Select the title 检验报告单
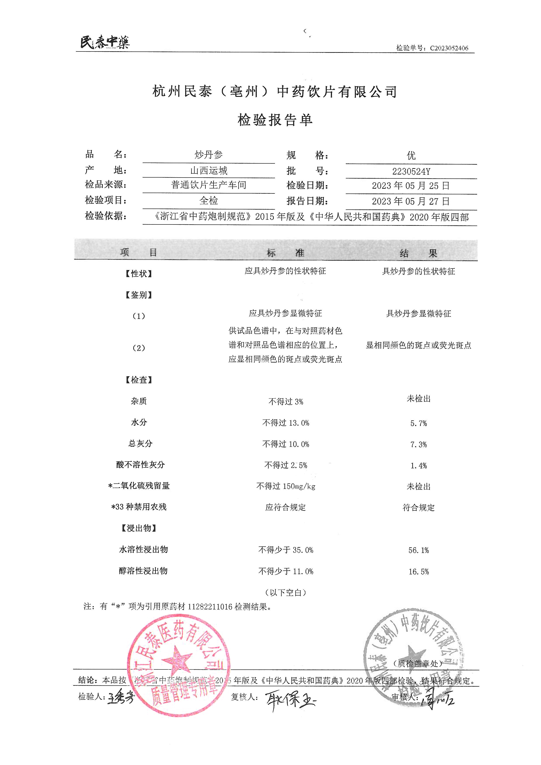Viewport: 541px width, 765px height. [x=275, y=120]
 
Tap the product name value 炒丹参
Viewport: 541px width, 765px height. [x=209, y=155]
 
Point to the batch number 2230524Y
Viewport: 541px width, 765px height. [x=411, y=172]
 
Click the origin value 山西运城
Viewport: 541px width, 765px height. [x=209, y=171]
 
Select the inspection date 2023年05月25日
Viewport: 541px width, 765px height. [x=411, y=186]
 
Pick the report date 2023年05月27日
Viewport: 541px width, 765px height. [x=411, y=201]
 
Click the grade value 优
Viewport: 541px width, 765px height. [x=411, y=156]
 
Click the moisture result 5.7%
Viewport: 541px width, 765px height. [x=418, y=423]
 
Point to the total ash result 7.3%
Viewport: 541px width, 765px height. [x=418, y=445]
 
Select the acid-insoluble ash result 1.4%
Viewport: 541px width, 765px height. [x=418, y=466]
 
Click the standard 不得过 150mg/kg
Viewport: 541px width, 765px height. [x=286, y=486]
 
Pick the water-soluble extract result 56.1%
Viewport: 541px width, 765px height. [x=418, y=550]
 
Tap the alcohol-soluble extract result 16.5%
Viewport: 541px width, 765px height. [x=418, y=572]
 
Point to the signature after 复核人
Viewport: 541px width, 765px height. [x=290, y=700]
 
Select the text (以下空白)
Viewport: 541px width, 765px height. [x=286, y=592]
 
